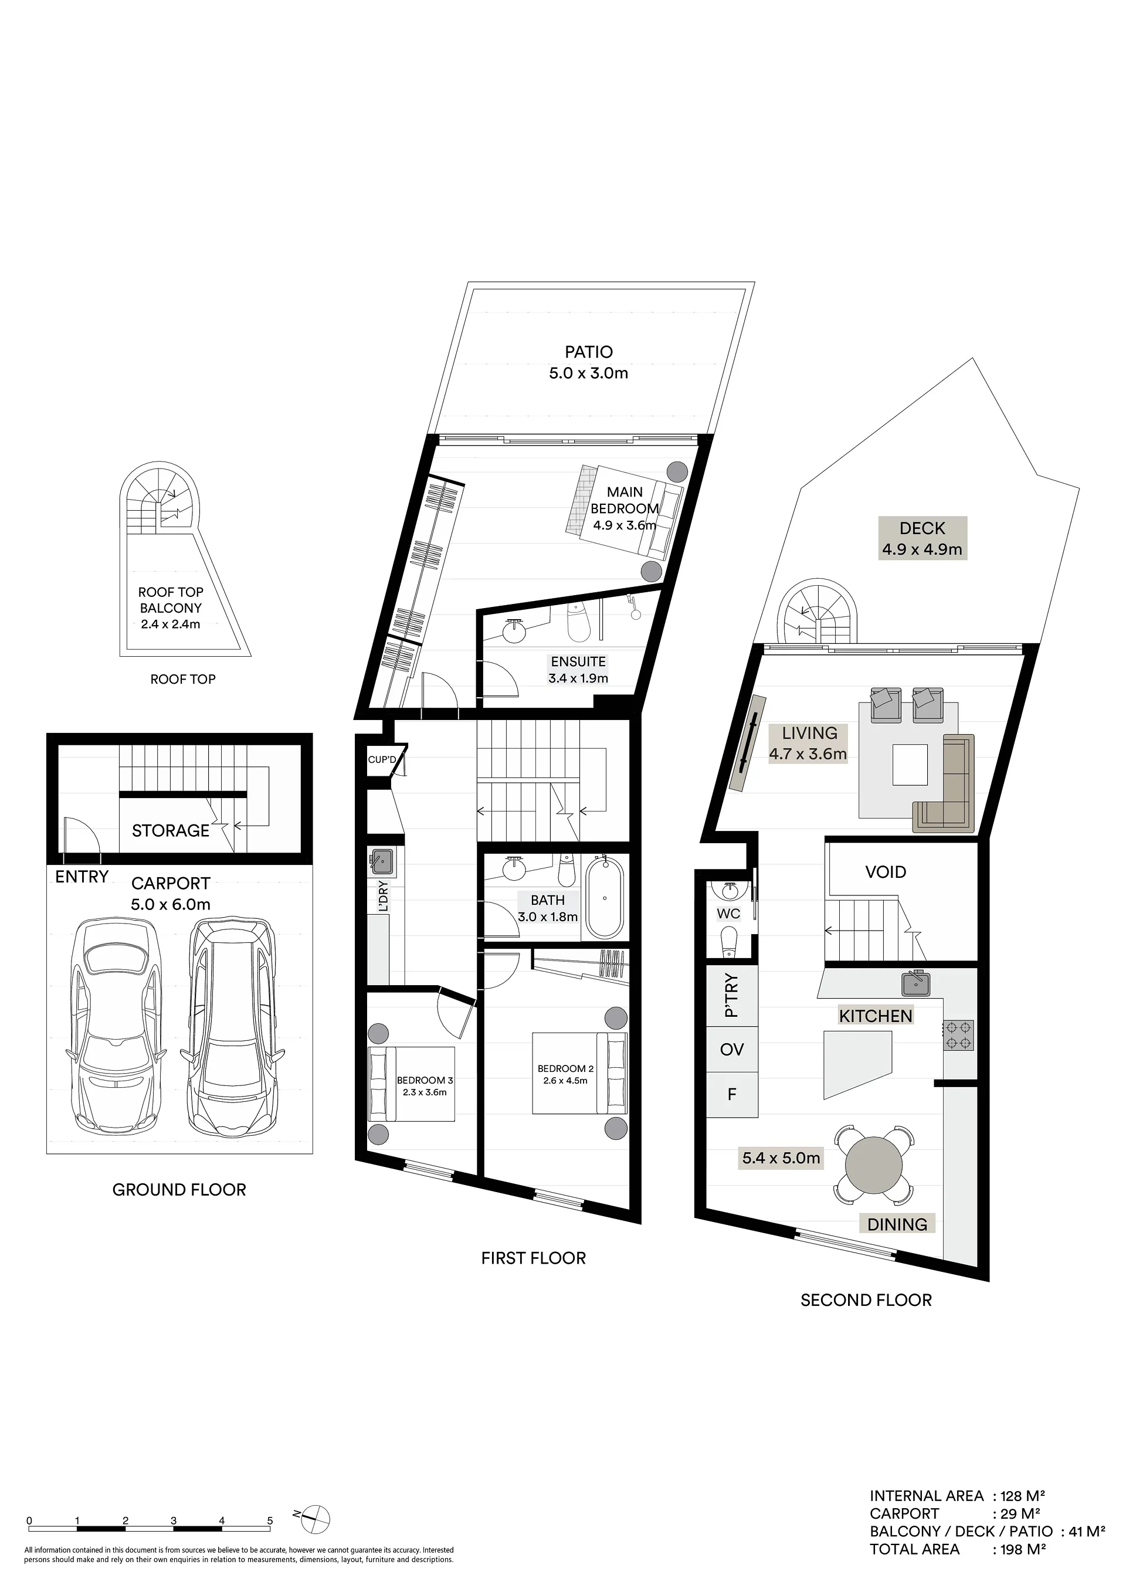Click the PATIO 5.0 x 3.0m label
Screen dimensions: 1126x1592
[x=589, y=362]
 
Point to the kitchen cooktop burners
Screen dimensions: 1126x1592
[x=958, y=1035]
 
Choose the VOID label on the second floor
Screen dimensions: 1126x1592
[x=886, y=873]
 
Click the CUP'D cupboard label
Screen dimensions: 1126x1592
[x=382, y=760]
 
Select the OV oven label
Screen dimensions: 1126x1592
[x=731, y=1050]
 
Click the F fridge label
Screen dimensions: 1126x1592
[x=731, y=1094]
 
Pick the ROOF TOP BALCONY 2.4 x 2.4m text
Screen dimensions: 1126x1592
[x=171, y=608]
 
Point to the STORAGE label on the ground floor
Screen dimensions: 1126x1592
[x=171, y=831]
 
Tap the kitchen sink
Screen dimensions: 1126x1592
[x=916, y=983]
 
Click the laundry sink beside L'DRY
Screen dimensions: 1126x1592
[x=381, y=862]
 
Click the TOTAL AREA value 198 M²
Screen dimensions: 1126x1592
[x=1023, y=1550]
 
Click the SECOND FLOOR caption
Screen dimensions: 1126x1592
[x=866, y=1300]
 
